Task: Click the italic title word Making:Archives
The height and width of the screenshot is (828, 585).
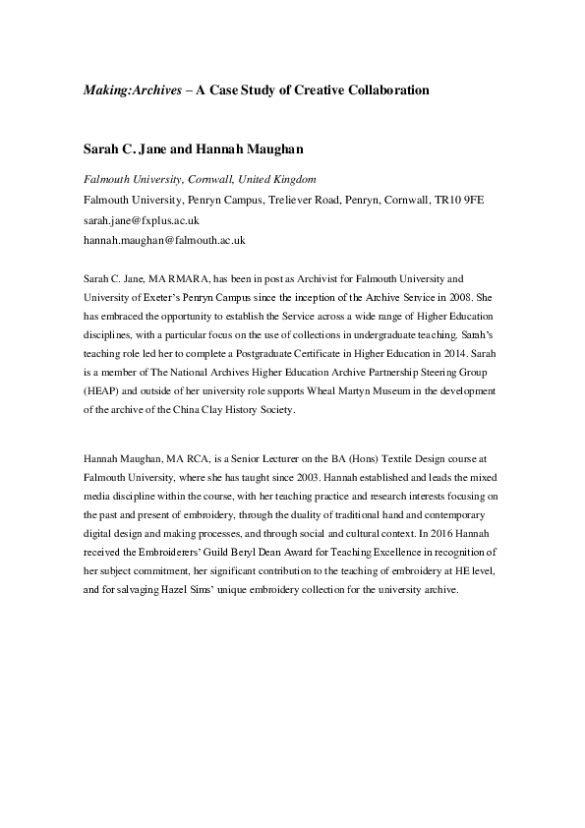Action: coord(126,89)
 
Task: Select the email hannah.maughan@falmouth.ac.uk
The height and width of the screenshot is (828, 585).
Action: coord(164,239)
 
